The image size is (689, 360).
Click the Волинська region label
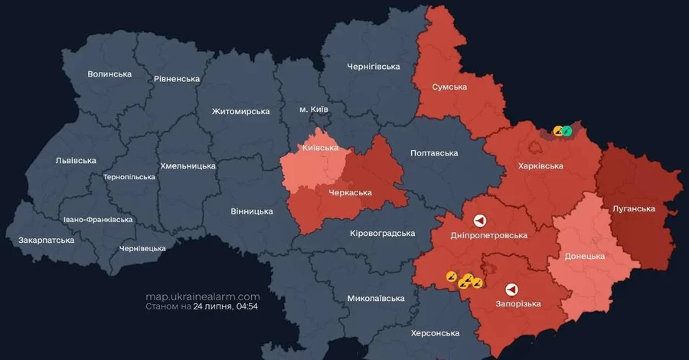click(109, 74)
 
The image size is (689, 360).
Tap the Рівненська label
click(176, 79)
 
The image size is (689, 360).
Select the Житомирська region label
click(240, 111)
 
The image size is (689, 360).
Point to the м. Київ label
click(313, 110)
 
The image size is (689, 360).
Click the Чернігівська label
click(374, 67)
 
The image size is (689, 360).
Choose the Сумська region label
click(449, 87)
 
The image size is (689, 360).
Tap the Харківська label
click(540, 165)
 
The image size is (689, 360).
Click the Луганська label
click(634, 208)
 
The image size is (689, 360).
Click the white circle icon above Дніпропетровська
click(479, 221)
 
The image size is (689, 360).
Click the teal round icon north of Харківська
click(567, 131)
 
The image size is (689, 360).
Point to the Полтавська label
click(434, 153)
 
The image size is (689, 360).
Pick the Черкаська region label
click(350, 192)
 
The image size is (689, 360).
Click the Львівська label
click(76, 160)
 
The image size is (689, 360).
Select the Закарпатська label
click(47, 240)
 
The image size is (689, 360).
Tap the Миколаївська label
click(375, 298)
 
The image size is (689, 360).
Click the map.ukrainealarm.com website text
click(203, 296)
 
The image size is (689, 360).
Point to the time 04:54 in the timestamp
click(247, 306)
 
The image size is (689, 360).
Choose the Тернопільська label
click(129, 177)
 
